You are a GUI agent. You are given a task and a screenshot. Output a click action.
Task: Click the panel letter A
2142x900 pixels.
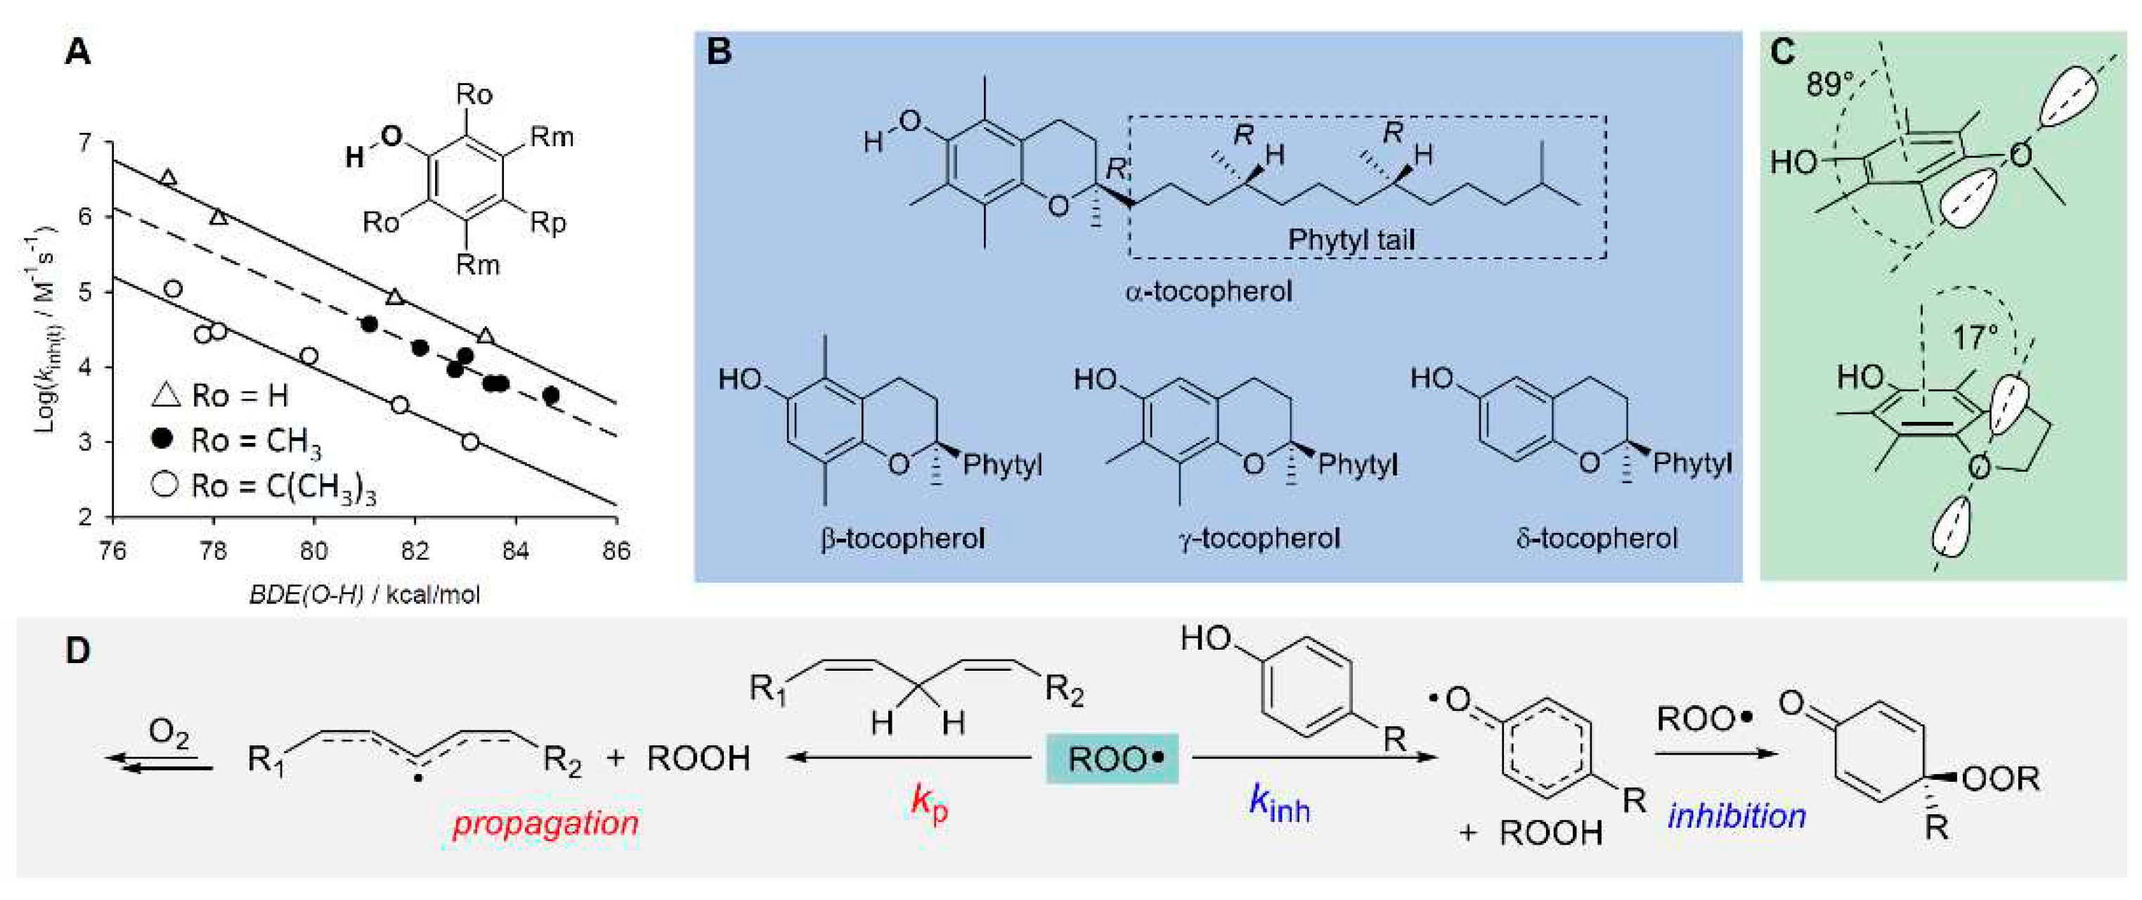(77, 53)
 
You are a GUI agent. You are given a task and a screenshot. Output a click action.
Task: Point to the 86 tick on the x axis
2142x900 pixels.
(616, 551)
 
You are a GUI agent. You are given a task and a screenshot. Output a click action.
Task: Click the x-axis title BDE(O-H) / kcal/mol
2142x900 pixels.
(364, 594)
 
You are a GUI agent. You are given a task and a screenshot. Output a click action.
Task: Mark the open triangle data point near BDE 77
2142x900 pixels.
(168, 177)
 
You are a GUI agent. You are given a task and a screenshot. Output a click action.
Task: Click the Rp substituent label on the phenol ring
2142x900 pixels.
(548, 223)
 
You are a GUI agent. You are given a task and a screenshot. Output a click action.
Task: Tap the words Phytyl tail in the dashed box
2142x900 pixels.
(1351, 240)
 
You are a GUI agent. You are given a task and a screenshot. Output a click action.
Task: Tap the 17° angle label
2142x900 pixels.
(1974, 337)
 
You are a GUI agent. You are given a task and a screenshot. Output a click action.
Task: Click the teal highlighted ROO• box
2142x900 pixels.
(1112, 759)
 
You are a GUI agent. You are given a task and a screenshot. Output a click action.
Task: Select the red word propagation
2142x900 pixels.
(545, 823)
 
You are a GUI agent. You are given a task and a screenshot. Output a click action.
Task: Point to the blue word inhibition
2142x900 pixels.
(1737, 816)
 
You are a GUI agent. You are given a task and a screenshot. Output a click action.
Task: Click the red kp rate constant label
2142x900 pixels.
(929, 803)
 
